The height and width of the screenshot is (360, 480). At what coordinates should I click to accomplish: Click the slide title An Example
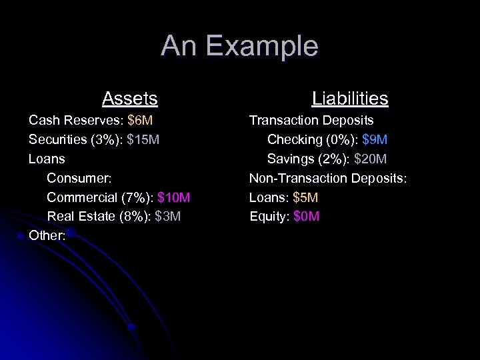(x=239, y=46)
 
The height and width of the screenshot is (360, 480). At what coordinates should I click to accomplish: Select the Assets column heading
(x=129, y=99)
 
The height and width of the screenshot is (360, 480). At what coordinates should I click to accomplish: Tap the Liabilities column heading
(x=349, y=99)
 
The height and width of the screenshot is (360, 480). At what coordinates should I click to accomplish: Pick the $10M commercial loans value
(x=174, y=197)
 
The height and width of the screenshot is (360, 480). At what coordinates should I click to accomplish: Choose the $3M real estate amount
(x=167, y=217)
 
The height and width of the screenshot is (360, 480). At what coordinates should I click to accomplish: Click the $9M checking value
(x=375, y=140)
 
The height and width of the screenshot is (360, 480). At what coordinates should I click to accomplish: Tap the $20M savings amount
(x=372, y=159)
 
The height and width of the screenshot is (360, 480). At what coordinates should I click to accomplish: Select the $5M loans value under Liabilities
(x=305, y=197)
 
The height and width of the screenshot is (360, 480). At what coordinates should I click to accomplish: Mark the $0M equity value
(x=307, y=217)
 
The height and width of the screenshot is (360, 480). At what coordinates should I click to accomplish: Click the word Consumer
(x=78, y=179)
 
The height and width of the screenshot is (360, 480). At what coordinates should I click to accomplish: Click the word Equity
(x=267, y=217)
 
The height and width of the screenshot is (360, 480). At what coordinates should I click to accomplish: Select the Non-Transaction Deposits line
(x=327, y=179)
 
